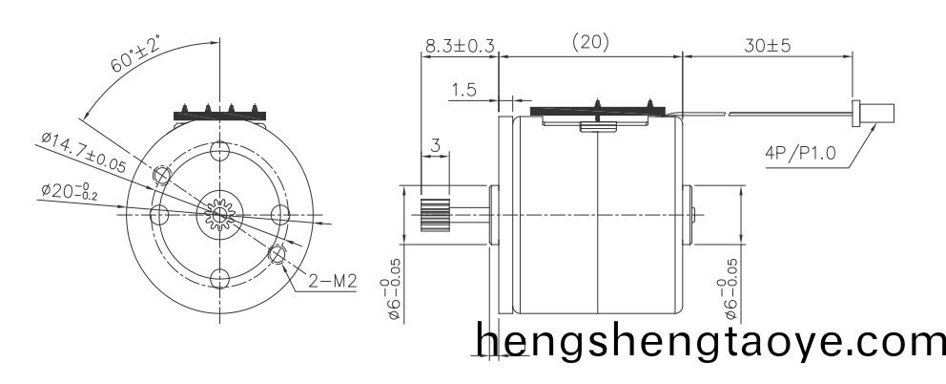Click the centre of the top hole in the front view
point(220,151)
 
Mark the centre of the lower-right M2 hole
point(278,254)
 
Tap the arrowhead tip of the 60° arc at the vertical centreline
point(219,42)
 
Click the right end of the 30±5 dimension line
point(853,57)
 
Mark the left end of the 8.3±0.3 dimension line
point(422,57)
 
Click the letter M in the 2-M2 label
point(339,281)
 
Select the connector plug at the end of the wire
point(873,113)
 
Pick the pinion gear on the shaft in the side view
point(436,215)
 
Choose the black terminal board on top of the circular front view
point(220,115)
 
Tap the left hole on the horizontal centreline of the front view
point(159,214)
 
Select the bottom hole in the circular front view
point(220,278)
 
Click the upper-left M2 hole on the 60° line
point(162,176)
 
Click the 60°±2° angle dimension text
point(136,53)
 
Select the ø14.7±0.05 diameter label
point(84,153)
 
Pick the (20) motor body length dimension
point(590,42)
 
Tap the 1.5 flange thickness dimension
point(463,90)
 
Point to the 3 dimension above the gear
point(435,146)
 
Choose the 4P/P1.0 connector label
point(801,153)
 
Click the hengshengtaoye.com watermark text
point(710,340)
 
